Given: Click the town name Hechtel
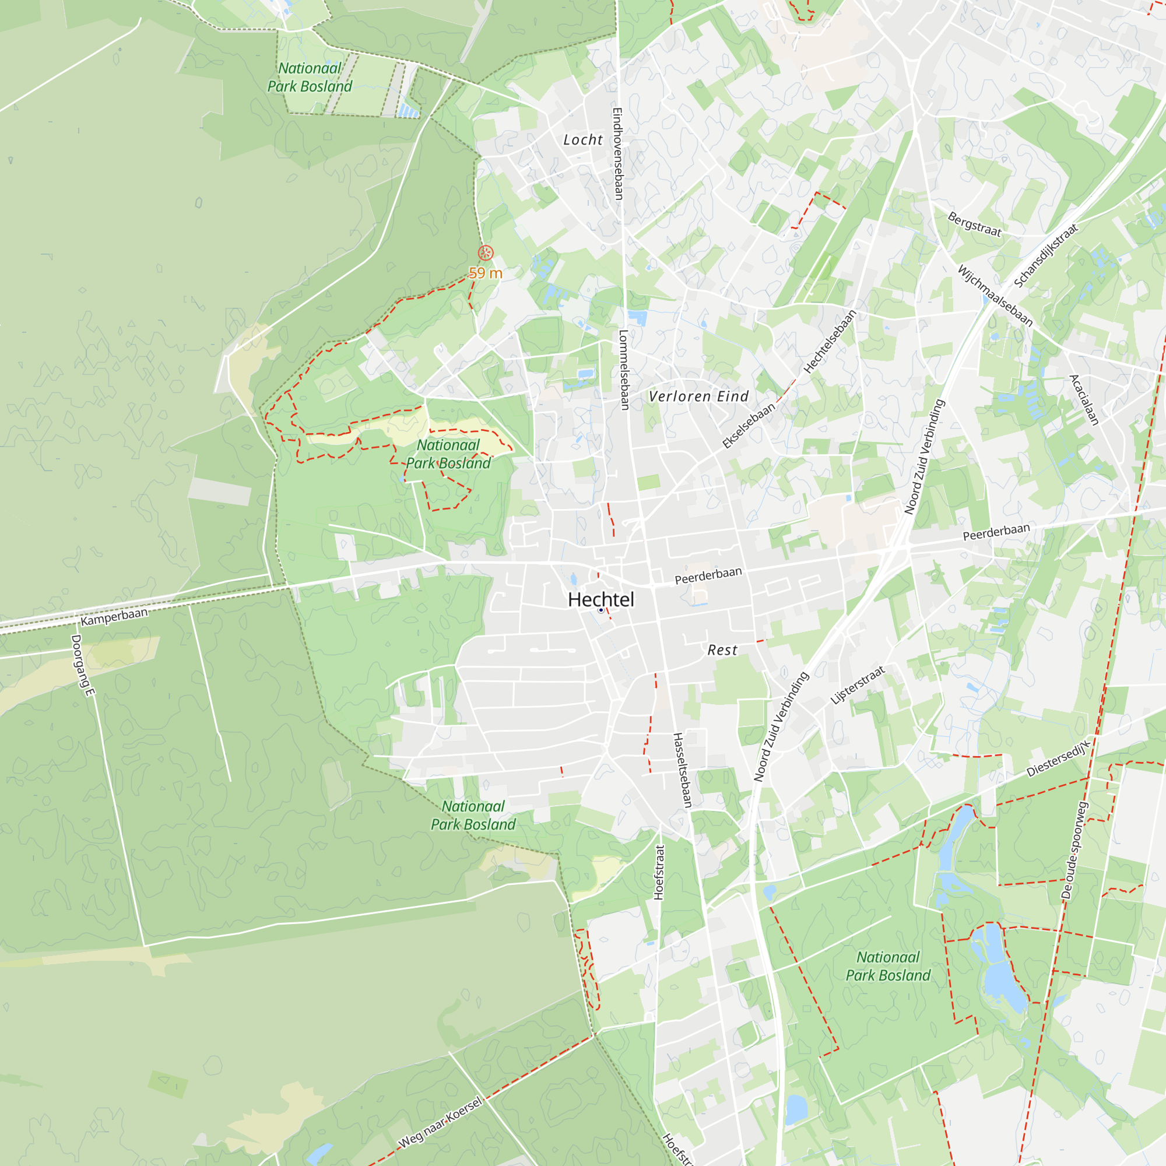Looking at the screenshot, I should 600,600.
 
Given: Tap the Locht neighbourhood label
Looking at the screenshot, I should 583,140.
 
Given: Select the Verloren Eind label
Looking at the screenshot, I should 698,396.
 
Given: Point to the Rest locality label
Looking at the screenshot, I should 722,650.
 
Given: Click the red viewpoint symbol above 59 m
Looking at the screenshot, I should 486,253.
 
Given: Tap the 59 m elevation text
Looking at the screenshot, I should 486,273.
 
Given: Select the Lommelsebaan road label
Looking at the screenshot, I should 624,370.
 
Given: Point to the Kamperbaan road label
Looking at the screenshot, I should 114,617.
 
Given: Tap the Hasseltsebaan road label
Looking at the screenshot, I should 682,770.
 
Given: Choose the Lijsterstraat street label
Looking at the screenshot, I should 858,685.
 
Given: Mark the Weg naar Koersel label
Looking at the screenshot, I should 441,1122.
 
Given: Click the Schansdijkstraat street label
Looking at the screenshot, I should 1045,256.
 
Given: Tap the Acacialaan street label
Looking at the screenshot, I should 1084,400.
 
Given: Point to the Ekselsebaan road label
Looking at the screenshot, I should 749,426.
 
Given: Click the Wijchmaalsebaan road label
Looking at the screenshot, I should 995,296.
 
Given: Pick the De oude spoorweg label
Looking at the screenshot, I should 1075,851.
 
